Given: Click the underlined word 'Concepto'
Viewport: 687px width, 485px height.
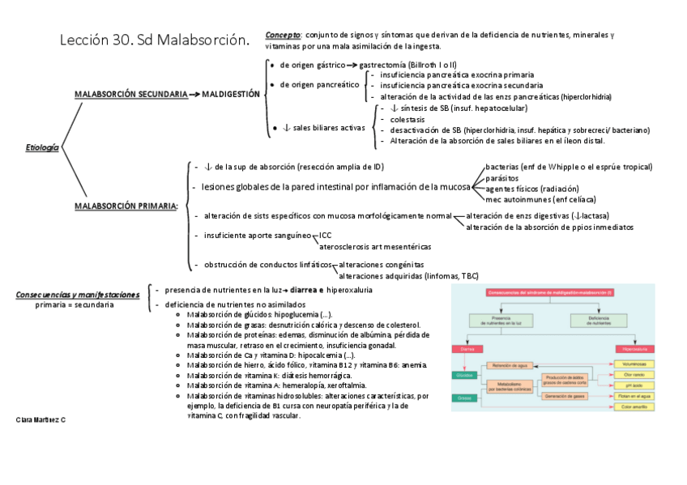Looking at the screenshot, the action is [283, 36].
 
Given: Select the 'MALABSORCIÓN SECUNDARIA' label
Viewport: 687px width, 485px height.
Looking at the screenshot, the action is [131, 95].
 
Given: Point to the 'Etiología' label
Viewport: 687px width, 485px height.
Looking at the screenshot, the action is [43, 147].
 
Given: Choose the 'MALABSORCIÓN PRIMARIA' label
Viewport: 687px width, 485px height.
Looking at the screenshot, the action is [126, 206].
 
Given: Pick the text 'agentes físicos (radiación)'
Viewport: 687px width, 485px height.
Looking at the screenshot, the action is [532, 188].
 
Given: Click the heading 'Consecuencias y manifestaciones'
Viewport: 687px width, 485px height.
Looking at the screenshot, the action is [78, 295].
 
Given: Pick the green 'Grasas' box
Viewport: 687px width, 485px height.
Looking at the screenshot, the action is [464, 398].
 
